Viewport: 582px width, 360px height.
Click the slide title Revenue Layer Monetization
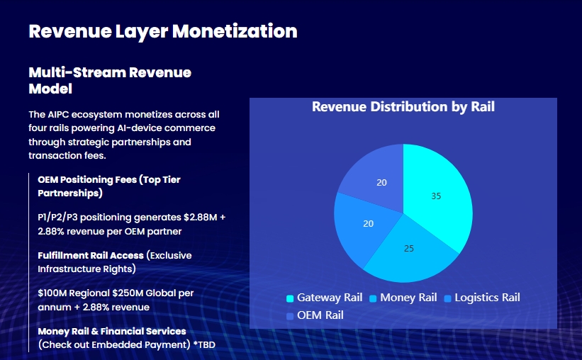click(163, 31)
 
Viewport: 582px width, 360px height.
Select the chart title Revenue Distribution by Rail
click(403, 107)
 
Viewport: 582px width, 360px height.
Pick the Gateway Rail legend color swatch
click(290, 298)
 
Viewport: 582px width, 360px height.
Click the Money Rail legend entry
click(403, 298)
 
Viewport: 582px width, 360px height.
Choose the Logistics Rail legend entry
click(482, 298)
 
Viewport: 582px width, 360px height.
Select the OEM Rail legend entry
click(315, 315)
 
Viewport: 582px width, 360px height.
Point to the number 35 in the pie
click(436, 196)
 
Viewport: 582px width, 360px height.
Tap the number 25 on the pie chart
click(408, 249)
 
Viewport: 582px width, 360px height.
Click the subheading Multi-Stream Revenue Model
click(110, 81)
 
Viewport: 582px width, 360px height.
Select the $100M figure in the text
click(52, 293)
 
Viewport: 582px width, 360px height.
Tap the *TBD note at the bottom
click(204, 345)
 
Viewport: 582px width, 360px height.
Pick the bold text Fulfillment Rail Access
click(91, 255)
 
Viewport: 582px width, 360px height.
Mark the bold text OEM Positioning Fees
click(87, 180)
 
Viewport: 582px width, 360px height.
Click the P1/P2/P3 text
click(57, 217)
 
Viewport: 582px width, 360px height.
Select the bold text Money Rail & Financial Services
click(112, 331)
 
